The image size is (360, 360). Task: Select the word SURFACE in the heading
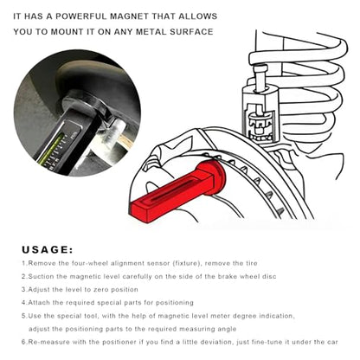click(191, 31)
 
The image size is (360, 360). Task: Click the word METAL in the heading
click(151, 31)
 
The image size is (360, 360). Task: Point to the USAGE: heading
click(48, 250)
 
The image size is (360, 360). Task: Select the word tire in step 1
click(251, 263)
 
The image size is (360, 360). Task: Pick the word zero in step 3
click(102, 289)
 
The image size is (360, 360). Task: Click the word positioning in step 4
click(175, 303)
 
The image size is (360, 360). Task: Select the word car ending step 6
click(332, 343)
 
